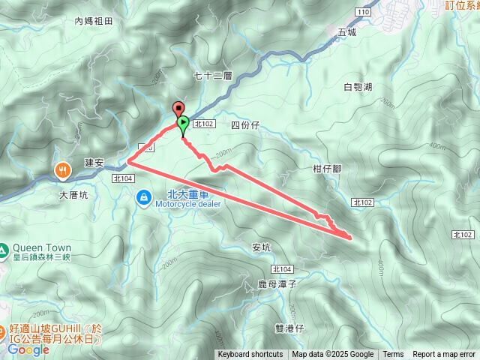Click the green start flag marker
[x=183, y=123]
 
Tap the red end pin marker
[x=178, y=107]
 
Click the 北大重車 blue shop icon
[x=142, y=196]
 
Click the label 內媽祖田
[x=93, y=22]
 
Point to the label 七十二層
[x=209, y=75]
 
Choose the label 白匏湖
[x=358, y=87]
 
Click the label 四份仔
[x=244, y=124]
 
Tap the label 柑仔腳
[x=327, y=169]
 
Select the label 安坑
[x=261, y=247]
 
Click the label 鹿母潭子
[x=277, y=285]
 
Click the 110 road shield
[x=364, y=13]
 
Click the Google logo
[x=28, y=349]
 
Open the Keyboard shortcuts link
[x=250, y=355]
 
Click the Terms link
[x=393, y=355]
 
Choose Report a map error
[x=444, y=355]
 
